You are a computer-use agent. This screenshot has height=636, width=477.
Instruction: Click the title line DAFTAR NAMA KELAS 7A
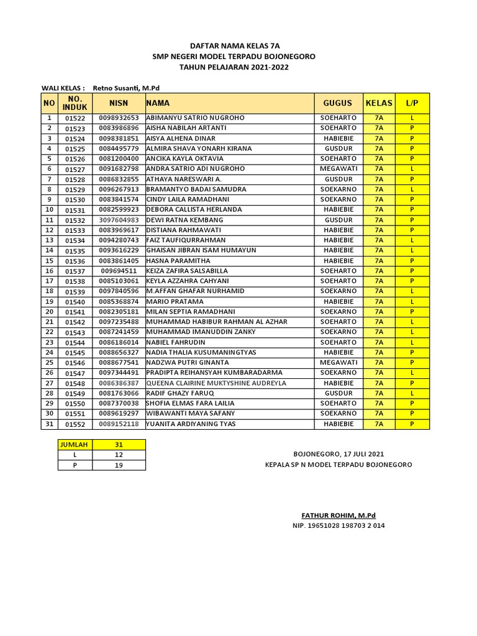(234, 46)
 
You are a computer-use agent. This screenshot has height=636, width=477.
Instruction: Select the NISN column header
(118, 103)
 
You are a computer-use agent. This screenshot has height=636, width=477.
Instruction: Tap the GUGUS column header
(337, 103)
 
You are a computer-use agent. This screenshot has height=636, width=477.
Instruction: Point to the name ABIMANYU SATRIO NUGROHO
(195, 117)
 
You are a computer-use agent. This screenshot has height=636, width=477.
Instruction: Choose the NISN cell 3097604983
(119, 220)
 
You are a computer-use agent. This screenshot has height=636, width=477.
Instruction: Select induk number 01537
(75, 271)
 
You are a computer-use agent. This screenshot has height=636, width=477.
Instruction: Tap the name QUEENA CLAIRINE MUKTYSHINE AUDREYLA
(216, 383)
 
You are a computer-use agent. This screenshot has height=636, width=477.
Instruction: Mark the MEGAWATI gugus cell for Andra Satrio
(338, 169)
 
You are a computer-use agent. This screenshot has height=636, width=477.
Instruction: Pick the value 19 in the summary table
(118, 465)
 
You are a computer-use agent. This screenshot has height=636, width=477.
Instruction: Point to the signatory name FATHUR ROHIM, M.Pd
(338, 516)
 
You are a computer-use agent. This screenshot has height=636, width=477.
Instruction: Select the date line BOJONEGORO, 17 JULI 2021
(338, 455)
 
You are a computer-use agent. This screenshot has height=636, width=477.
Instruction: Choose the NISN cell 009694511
(119, 271)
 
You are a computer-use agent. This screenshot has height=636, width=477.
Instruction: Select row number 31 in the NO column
(49, 424)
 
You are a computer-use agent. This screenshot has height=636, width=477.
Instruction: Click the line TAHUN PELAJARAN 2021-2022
(234, 67)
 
